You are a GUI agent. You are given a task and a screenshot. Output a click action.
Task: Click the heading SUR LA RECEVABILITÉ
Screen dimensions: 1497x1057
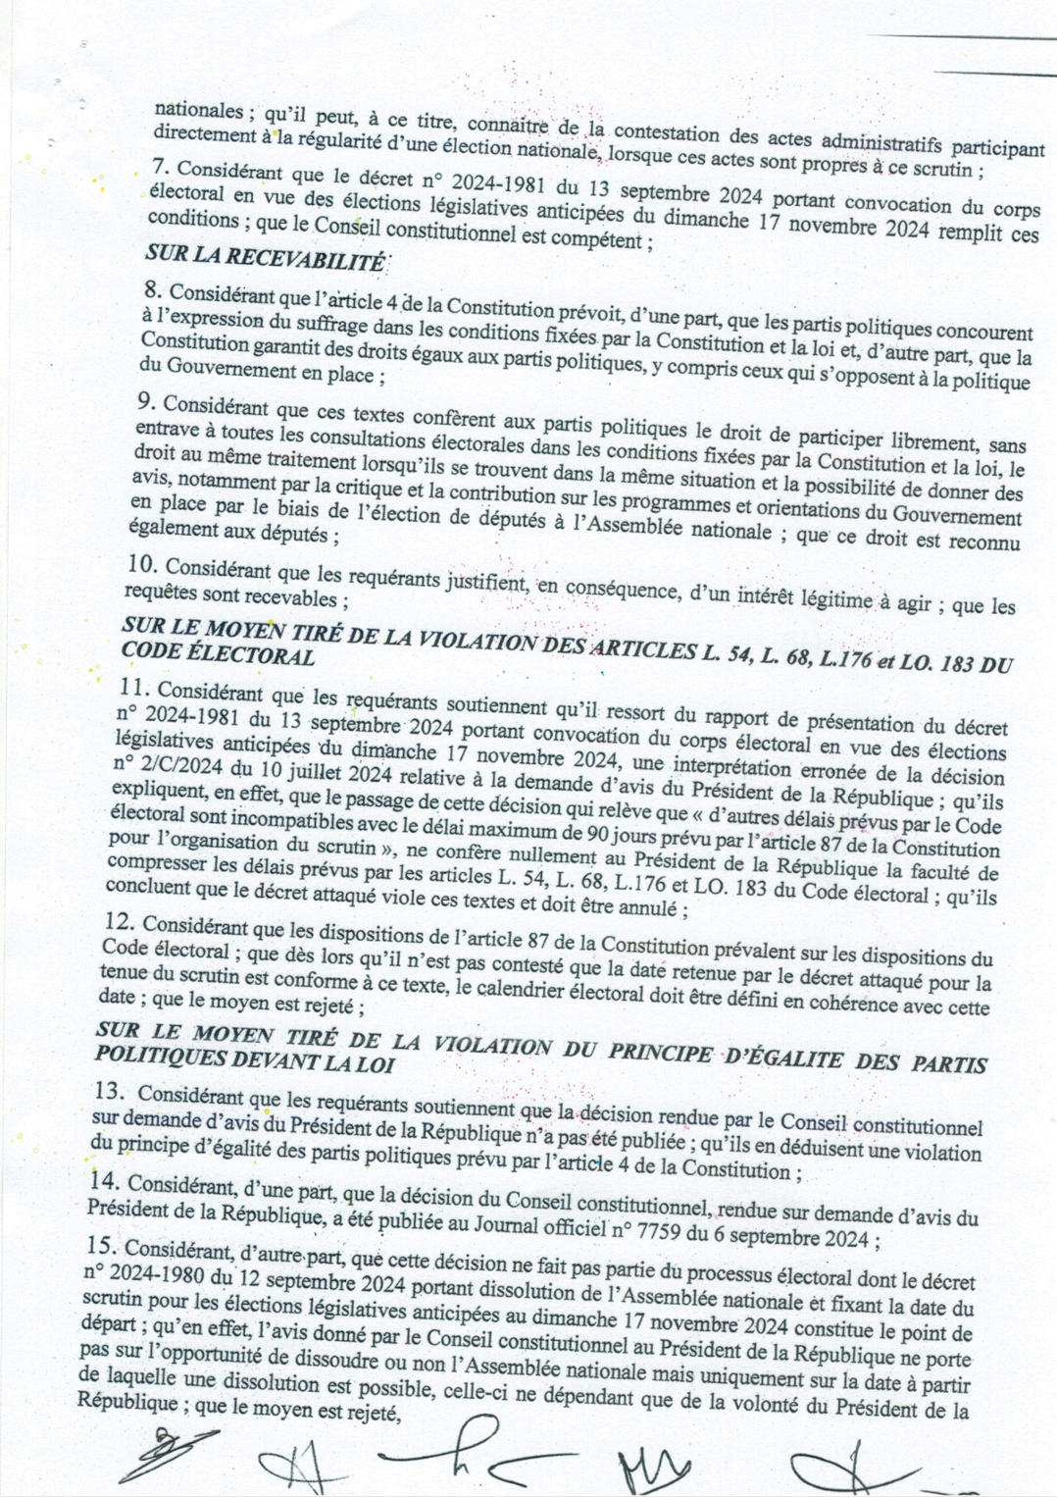265,260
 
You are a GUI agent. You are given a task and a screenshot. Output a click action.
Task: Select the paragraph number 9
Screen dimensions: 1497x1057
147,403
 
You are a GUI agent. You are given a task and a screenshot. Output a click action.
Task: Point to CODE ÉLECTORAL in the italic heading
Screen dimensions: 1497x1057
218,654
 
